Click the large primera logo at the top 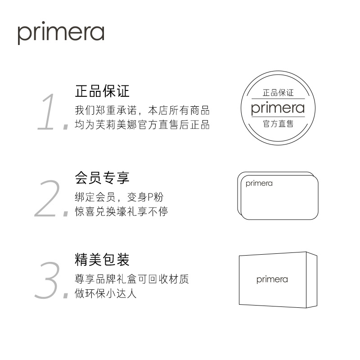coord(61,34)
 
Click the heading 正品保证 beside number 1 coord(102,91)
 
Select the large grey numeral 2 coord(49,199)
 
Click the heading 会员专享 coord(102,178)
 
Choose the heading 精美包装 coord(102,260)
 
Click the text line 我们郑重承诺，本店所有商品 coord(142,111)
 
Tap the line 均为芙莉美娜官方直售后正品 coord(142,125)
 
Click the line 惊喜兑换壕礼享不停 coord(121,211)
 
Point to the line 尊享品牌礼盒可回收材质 coord(131,279)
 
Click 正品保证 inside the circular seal coord(278,93)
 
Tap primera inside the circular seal coord(278,108)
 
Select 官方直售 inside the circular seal coord(278,123)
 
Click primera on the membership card coord(259,184)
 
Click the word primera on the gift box coord(272,279)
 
